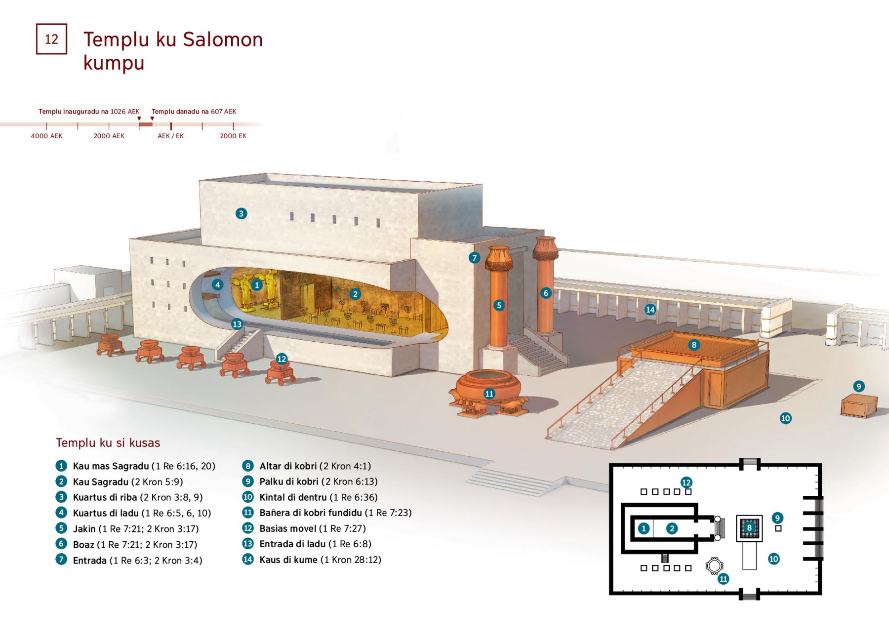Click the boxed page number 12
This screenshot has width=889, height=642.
51,39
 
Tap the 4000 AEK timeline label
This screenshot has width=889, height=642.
46,136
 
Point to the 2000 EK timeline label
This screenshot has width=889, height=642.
233,136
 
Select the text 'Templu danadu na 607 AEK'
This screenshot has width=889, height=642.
194,112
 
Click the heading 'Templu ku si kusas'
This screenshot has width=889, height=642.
108,442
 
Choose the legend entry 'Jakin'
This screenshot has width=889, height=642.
84,529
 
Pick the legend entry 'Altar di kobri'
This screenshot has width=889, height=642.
288,466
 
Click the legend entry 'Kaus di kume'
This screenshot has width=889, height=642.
288,560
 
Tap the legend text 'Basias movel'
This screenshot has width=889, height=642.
288,528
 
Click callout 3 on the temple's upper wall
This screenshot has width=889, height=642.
241,213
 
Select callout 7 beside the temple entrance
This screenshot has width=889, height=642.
474,257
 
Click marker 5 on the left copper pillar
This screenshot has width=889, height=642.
499,305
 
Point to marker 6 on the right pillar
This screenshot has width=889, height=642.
546,293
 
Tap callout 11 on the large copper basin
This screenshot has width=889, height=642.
489,394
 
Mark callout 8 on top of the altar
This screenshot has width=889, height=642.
694,345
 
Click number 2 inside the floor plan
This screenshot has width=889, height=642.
672,529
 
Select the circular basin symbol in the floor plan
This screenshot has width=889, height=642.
714,566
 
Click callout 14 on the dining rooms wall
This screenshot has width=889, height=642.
650,310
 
